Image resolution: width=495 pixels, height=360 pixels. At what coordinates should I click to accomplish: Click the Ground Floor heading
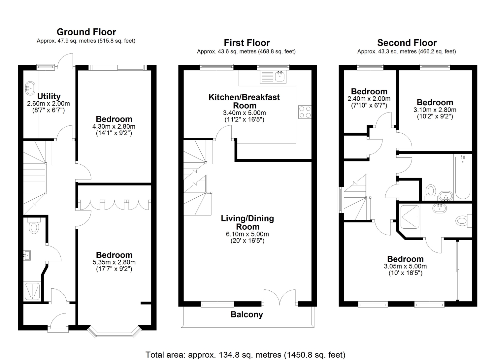point(86,32)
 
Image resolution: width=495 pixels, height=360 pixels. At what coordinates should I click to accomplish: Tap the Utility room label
point(49,96)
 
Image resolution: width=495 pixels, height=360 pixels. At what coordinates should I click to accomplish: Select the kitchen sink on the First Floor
point(273,77)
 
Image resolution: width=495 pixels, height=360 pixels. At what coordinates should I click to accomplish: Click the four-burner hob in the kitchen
point(305,112)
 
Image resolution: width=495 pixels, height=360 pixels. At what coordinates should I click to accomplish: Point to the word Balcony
point(247,314)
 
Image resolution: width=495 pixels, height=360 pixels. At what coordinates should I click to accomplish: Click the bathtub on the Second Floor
point(463,177)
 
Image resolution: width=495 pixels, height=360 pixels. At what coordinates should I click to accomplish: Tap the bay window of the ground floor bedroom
point(114,332)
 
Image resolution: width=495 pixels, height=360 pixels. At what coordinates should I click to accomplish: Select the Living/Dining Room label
point(247,222)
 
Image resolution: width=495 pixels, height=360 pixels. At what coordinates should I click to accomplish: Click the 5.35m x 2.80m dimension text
point(114,262)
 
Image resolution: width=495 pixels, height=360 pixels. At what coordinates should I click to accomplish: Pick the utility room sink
point(30,88)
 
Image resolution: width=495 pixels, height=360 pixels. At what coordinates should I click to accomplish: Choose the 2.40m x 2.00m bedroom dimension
point(369,99)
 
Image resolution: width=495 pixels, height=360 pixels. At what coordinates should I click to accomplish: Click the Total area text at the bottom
point(245,355)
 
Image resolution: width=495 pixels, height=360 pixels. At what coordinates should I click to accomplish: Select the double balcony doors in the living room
point(280,298)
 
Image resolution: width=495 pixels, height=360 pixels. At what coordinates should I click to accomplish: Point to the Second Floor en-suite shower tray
point(410,217)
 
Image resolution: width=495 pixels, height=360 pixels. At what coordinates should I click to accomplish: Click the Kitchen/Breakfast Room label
point(244,101)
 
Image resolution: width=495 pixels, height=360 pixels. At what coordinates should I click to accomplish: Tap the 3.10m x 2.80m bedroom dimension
point(435,110)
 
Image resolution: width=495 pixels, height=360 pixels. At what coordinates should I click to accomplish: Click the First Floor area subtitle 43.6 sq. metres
point(246,51)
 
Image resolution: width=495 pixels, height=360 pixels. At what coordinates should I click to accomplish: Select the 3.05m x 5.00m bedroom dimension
point(405,266)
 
